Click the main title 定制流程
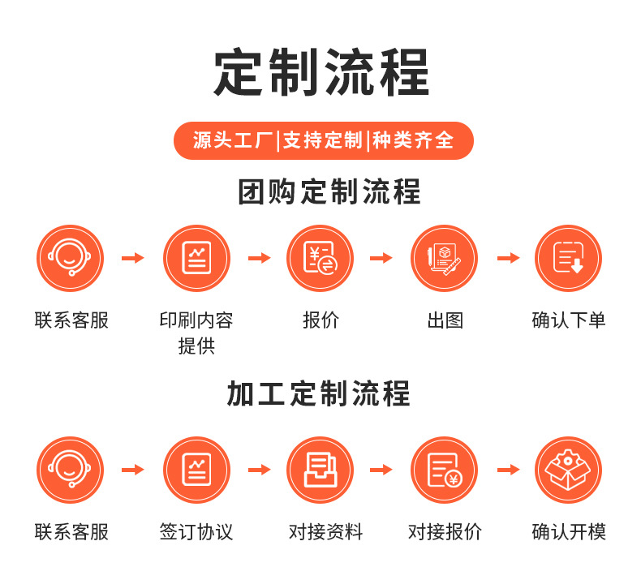click(321, 73)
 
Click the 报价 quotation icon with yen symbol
click(320, 258)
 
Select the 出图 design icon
click(444, 258)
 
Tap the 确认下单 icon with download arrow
click(568, 258)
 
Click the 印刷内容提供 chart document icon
click(196, 258)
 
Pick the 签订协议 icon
click(196, 470)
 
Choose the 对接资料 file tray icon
click(320, 470)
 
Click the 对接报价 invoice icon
click(444, 470)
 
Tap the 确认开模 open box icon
click(568, 470)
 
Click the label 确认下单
click(568, 320)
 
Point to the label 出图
click(445, 320)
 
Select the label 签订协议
click(196, 532)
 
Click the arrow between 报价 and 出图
click(381, 258)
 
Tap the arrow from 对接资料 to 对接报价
click(381, 470)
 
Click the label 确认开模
click(568, 532)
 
